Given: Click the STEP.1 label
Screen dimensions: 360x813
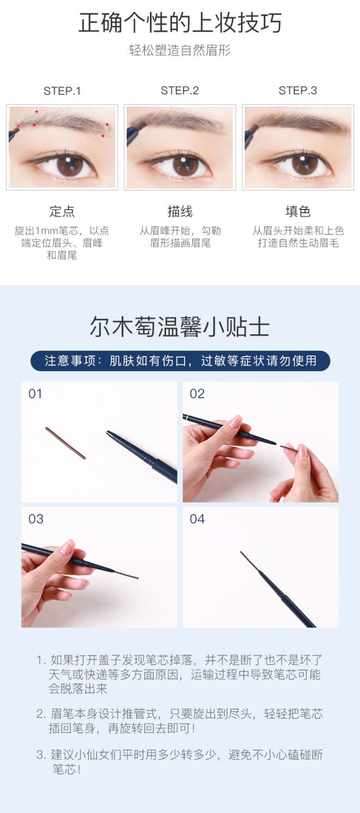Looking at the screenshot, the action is (62, 91).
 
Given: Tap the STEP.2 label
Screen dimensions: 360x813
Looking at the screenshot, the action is (180, 91).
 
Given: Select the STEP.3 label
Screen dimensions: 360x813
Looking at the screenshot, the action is (298, 91).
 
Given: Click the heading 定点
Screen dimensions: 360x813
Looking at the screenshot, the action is (62, 211).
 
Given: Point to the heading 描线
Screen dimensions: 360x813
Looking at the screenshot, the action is (180, 211).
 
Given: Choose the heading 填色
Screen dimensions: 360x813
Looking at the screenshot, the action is (298, 211).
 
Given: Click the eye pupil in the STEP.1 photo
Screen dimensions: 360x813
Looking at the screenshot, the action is (70, 166).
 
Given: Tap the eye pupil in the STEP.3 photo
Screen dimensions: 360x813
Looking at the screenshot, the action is (305, 164).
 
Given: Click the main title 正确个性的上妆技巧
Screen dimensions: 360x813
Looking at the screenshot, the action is (180, 22).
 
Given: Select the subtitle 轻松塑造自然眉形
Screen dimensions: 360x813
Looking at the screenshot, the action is (180, 50).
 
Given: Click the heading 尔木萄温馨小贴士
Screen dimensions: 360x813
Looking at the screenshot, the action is (180, 327).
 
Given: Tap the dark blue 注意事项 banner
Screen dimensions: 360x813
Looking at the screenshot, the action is (180, 361).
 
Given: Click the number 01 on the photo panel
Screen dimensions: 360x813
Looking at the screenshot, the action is (35, 394).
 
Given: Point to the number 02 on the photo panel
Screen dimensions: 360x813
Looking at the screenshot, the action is (197, 394).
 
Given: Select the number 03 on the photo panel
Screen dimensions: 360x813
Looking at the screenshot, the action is (36, 519).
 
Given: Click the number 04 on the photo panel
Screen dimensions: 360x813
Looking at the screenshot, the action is (197, 519).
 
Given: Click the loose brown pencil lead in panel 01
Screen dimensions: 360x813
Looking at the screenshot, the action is (65, 443).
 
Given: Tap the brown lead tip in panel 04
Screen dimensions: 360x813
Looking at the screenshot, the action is (250, 563).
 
